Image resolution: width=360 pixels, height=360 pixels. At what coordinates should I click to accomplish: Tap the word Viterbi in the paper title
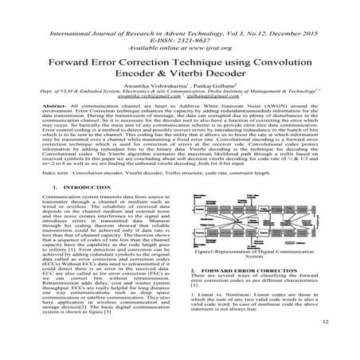pyautogui.click(x=205, y=77)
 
